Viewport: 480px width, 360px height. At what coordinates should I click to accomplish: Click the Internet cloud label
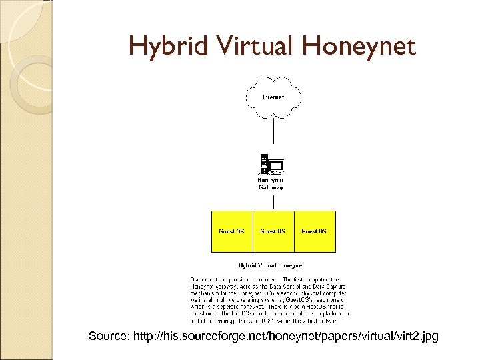[273, 97]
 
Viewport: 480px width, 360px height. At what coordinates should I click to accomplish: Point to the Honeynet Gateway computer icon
[271, 165]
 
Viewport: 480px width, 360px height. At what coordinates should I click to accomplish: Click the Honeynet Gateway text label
[271, 183]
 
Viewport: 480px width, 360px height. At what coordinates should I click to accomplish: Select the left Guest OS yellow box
[232, 231]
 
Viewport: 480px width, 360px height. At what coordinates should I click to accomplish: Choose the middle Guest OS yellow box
[273, 231]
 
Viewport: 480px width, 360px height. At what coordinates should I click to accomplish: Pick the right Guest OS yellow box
[315, 231]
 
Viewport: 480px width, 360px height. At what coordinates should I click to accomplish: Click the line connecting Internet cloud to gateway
[273, 133]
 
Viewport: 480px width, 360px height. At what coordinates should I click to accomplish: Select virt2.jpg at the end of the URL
[417, 337]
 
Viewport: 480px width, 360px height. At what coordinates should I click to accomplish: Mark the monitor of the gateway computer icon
[276, 164]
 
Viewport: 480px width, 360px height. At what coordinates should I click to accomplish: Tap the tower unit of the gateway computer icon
[264, 164]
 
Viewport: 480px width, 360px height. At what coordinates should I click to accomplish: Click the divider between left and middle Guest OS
[253, 231]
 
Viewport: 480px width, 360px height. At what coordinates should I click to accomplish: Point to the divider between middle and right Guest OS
[294, 231]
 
